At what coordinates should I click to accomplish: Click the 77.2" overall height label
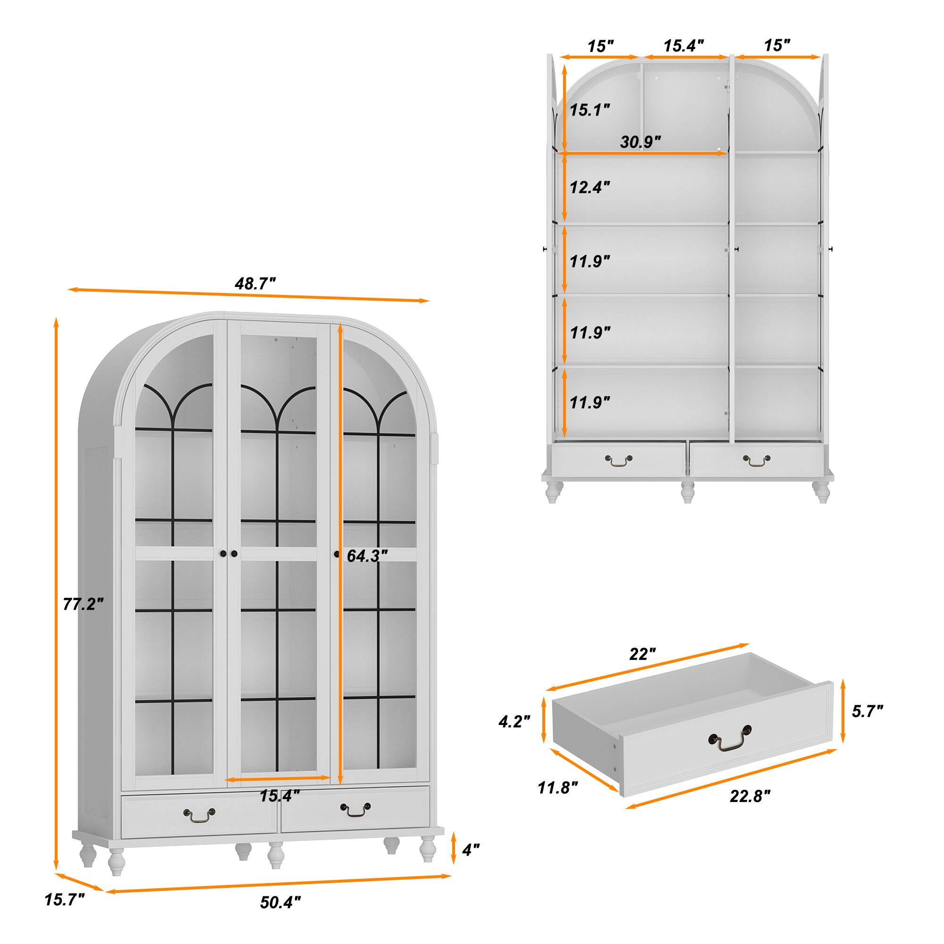(83, 605)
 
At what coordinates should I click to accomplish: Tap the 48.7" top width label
(255, 283)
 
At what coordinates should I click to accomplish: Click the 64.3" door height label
(367, 556)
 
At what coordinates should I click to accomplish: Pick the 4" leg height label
(471, 850)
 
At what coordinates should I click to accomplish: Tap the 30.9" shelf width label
(640, 142)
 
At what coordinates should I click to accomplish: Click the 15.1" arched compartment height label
(590, 110)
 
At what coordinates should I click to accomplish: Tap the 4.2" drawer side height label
(514, 722)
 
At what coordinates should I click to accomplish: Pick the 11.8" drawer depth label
(557, 788)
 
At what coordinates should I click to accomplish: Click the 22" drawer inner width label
(641, 654)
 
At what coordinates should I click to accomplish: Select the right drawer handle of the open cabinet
(756, 459)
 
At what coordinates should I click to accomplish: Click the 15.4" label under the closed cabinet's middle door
(279, 796)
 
